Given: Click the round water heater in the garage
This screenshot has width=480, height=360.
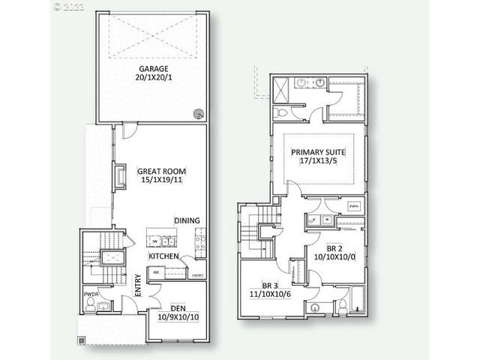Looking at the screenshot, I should [198, 113].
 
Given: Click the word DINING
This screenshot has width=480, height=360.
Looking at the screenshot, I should [187, 220].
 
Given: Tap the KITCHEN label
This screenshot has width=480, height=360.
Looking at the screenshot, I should [163, 257].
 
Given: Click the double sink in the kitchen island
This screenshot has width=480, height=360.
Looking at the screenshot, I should [163, 241].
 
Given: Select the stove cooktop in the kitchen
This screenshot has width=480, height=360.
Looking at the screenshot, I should [200, 241].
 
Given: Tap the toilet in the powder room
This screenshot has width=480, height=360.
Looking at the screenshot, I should [91, 305].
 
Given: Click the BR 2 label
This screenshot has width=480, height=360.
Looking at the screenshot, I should [335, 248].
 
